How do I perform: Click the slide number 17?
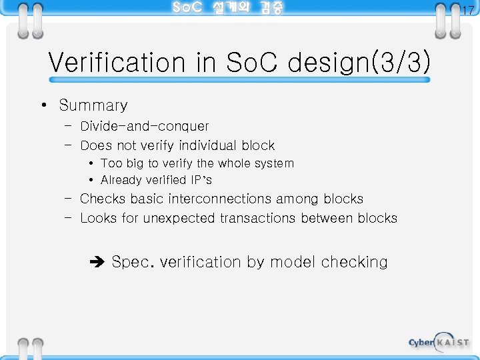pyautogui.click(x=468, y=10)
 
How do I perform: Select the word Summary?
pyautogui.click(x=93, y=105)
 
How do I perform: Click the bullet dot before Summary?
pyautogui.click(x=42, y=105)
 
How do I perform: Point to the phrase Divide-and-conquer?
pyautogui.click(x=144, y=126)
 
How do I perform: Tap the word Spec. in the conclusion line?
pyautogui.click(x=133, y=262)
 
